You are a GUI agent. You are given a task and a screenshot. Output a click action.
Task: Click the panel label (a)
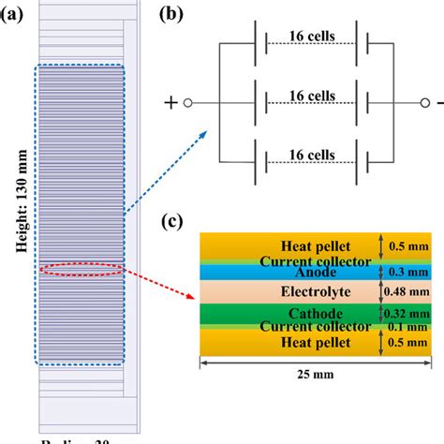16,15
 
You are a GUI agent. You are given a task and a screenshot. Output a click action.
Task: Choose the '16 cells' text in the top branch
309,40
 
